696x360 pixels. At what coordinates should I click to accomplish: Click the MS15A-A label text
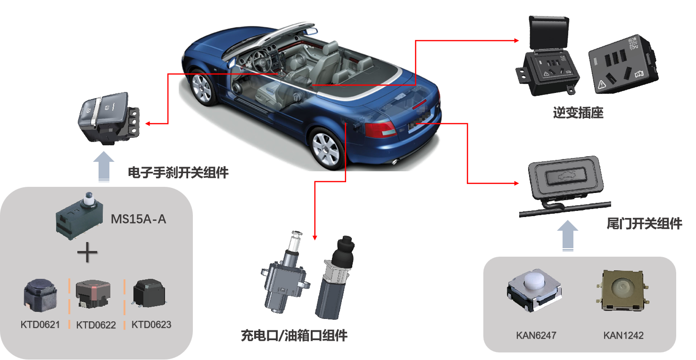pos(139,219)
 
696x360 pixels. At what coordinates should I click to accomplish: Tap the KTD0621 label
pos(40,325)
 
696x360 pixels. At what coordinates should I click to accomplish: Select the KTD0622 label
pos(96,325)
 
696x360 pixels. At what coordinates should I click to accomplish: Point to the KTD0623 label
pos(151,325)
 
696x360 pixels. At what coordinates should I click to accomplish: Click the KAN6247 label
pos(536,335)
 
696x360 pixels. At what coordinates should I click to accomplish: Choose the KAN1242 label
pos(623,335)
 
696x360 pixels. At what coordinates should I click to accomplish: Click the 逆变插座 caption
pos(578,113)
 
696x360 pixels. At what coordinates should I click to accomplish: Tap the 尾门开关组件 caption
pos(644,224)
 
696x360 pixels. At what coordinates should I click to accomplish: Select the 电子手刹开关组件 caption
pos(178,173)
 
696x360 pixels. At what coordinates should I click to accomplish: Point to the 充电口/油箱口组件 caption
pos(294,335)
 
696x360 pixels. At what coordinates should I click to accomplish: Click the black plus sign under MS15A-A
pos(87,252)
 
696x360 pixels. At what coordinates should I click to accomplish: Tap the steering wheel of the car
pos(261,61)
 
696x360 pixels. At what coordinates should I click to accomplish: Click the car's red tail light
pos(381,129)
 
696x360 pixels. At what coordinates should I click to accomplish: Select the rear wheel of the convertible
pos(326,149)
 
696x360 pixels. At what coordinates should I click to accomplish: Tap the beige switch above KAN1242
pos(622,290)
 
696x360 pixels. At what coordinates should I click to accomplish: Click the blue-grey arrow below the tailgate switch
pos(568,235)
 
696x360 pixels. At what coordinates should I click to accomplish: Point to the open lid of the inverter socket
pos(549,33)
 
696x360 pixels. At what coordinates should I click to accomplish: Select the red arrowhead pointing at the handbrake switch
pos(148,124)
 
